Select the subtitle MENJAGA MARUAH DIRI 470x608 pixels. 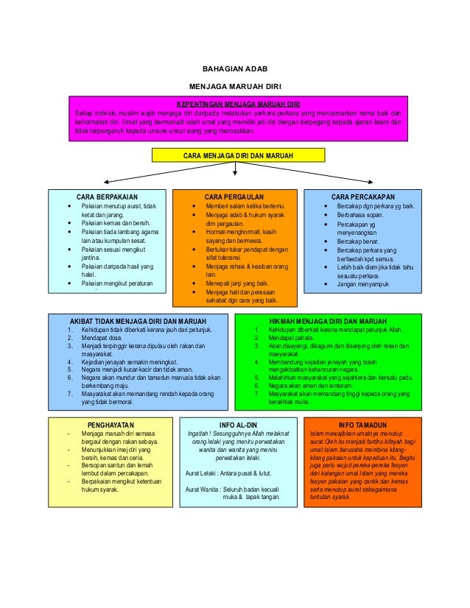point(235,86)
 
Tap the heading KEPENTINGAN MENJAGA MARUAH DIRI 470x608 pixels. point(234,104)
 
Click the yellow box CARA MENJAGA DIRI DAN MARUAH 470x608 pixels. point(235,155)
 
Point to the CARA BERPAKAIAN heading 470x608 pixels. point(107,197)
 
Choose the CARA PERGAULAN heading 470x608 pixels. point(234,197)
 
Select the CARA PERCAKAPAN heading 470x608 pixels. point(363,197)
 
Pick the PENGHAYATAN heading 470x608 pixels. point(111,425)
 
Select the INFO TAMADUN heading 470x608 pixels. point(362,425)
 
